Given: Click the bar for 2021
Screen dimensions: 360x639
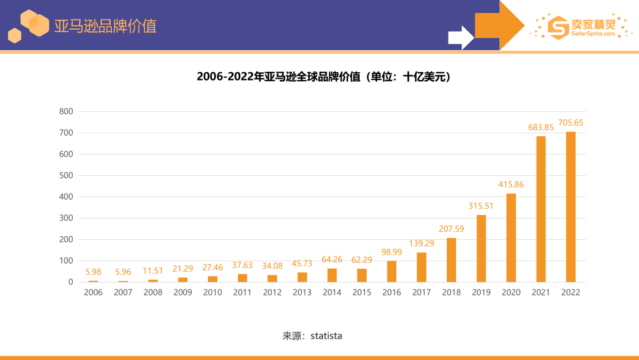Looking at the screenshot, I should pyautogui.click(x=541, y=209).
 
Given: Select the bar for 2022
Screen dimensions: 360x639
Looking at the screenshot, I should pyautogui.click(x=570, y=207).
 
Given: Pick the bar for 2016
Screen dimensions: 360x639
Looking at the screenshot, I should pyautogui.click(x=392, y=271).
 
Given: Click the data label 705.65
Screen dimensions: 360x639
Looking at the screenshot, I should pyautogui.click(x=570, y=123).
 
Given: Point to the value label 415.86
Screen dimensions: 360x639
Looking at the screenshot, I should pyautogui.click(x=511, y=184).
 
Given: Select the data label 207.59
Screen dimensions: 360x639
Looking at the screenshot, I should pyautogui.click(x=451, y=229).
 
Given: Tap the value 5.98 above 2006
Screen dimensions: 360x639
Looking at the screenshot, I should pyautogui.click(x=93, y=272).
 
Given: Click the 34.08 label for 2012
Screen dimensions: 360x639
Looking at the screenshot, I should pyautogui.click(x=272, y=266).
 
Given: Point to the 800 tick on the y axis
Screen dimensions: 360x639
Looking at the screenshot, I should pyautogui.click(x=66, y=111).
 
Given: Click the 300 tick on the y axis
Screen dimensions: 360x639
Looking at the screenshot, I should pyautogui.click(x=66, y=218).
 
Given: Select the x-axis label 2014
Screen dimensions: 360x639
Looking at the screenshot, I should pyautogui.click(x=332, y=292).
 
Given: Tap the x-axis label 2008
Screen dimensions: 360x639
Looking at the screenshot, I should pyautogui.click(x=153, y=292).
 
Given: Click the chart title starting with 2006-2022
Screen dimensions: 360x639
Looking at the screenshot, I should pyautogui.click(x=324, y=77).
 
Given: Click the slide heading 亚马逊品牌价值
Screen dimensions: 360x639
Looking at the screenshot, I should pyautogui.click(x=105, y=26).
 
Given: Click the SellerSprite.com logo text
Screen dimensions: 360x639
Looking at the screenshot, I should pyautogui.click(x=593, y=34).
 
